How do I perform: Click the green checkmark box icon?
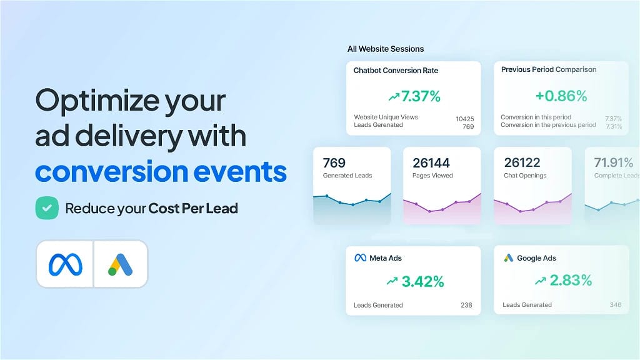(x=47, y=208)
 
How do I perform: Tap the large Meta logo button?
(x=65, y=264)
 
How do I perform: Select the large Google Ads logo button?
(x=121, y=264)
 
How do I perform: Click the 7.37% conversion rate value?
(x=421, y=96)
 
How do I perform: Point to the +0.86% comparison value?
(x=561, y=96)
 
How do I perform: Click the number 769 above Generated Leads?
(x=334, y=163)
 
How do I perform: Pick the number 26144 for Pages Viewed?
(x=431, y=163)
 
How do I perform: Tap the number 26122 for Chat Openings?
(x=522, y=162)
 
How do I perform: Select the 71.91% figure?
(x=614, y=162)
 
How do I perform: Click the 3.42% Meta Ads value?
(x=423, y=281)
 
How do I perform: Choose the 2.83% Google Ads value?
(x=571, y=280)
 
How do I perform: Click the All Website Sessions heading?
(x=386, y=49)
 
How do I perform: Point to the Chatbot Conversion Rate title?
(x=396, y=70)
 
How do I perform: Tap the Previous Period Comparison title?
(x=549, y=69)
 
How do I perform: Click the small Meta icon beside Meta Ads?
(x=361, y=258)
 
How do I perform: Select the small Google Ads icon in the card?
(x=509, y=258)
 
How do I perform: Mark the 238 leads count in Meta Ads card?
(x=466, y=305)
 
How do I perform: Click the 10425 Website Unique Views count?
(x=465, y=119)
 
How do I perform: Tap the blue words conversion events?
(x=161, y=171)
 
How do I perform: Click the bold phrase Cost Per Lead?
(x=193, y=209)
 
